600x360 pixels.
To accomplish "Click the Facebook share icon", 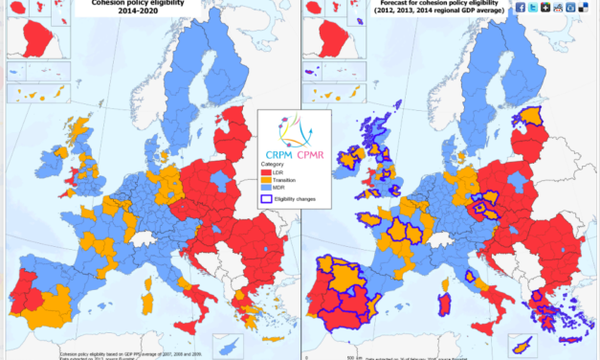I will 517,8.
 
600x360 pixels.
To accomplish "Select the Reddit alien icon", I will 558,8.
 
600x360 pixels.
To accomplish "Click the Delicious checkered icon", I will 583,8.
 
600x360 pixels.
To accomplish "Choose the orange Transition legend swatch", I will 264,179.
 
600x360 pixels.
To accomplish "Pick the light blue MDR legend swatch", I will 264,188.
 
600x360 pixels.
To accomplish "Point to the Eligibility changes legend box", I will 265,199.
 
